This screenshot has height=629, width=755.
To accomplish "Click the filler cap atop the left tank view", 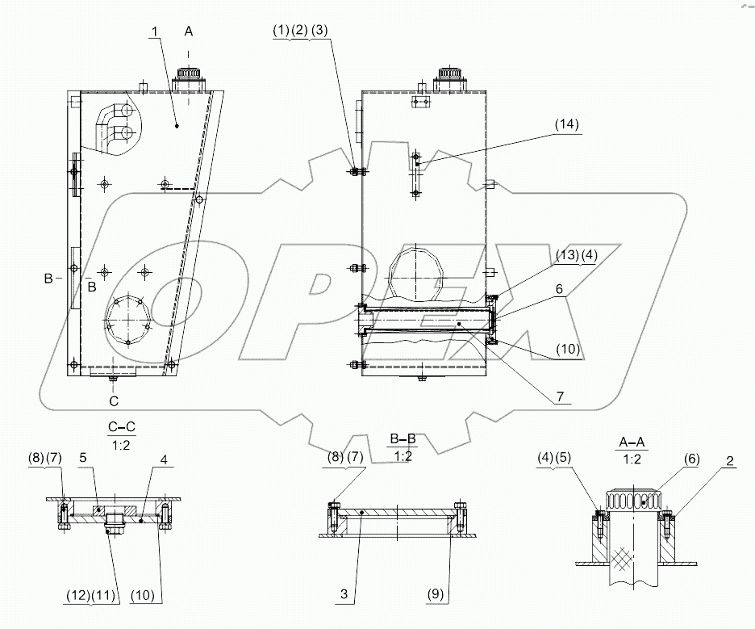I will click(191, 78).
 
